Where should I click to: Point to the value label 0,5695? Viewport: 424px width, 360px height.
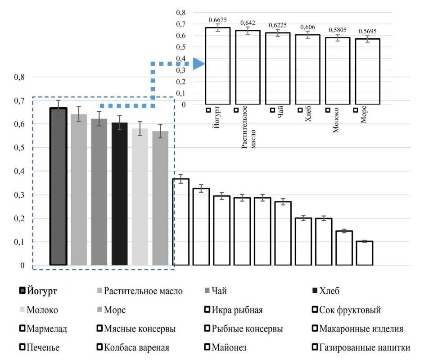tap(367, 31)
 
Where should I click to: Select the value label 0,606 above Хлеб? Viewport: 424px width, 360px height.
tap(308, 27)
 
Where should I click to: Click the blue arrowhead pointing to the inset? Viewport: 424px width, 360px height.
tap(198, 64)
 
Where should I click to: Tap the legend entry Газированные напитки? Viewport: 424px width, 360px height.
tap(365, 348)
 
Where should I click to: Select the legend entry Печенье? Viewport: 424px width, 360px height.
tap(43, 348)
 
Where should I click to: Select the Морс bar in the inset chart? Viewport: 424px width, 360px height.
tap(367, 72)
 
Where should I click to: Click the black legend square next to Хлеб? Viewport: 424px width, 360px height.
tap(315, 291)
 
